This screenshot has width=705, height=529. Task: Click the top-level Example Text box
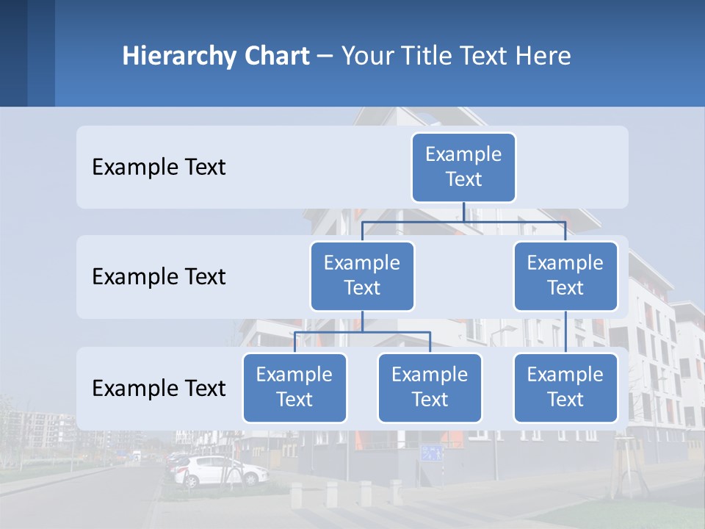click(x=463, y=167)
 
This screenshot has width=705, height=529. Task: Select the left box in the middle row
click(x=362, y=276)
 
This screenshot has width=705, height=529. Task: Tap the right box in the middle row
click(x=565, y=276)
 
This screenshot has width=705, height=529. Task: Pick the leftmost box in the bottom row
click(x=294, y=387)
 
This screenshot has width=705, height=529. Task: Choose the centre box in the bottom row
click(x=430, y=387)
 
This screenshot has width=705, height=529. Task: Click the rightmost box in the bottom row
click(x=565, y=387)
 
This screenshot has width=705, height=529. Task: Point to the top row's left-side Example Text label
click(x=159, y=168)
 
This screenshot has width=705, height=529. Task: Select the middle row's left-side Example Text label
click(x=159, y=277)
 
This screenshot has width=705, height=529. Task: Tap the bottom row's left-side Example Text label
click(x=159, y=389)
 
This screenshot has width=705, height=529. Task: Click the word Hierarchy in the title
click(x=179, y=56)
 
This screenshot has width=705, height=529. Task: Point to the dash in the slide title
click(x=325, y=56)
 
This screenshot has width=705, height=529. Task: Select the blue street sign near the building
click(x=432, y=452)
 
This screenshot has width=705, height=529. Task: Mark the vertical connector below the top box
click(x=463, y=212)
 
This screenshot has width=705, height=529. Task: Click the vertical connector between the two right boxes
click(x=565, y=332)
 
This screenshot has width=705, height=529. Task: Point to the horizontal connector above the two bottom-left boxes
click(x=362, y=333)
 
